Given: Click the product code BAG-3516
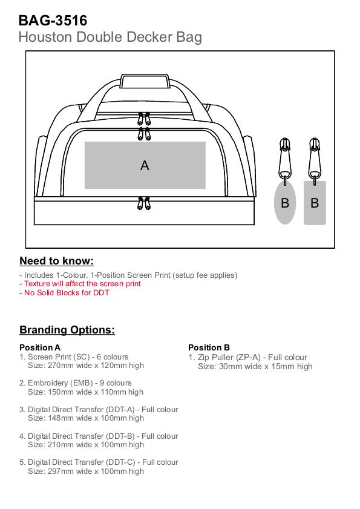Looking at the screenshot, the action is (53, 21).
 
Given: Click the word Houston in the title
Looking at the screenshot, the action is (46, 37).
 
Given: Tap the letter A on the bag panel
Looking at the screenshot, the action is (145, 166).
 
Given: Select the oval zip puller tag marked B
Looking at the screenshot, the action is (285, 203).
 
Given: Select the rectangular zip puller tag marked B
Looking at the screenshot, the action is (315, 203).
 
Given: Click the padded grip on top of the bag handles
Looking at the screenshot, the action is (145, 81).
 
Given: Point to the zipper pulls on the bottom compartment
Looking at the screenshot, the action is (144, 203).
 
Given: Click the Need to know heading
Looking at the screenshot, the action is (56, 261).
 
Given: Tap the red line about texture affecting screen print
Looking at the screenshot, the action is (80, 284).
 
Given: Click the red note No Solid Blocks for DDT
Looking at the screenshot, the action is (64, 292).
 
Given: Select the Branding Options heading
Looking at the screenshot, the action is (67, 330).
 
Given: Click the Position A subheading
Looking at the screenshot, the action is (40, 347).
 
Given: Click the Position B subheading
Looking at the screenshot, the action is (209, 347).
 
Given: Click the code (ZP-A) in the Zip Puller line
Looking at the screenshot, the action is (248, 358).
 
